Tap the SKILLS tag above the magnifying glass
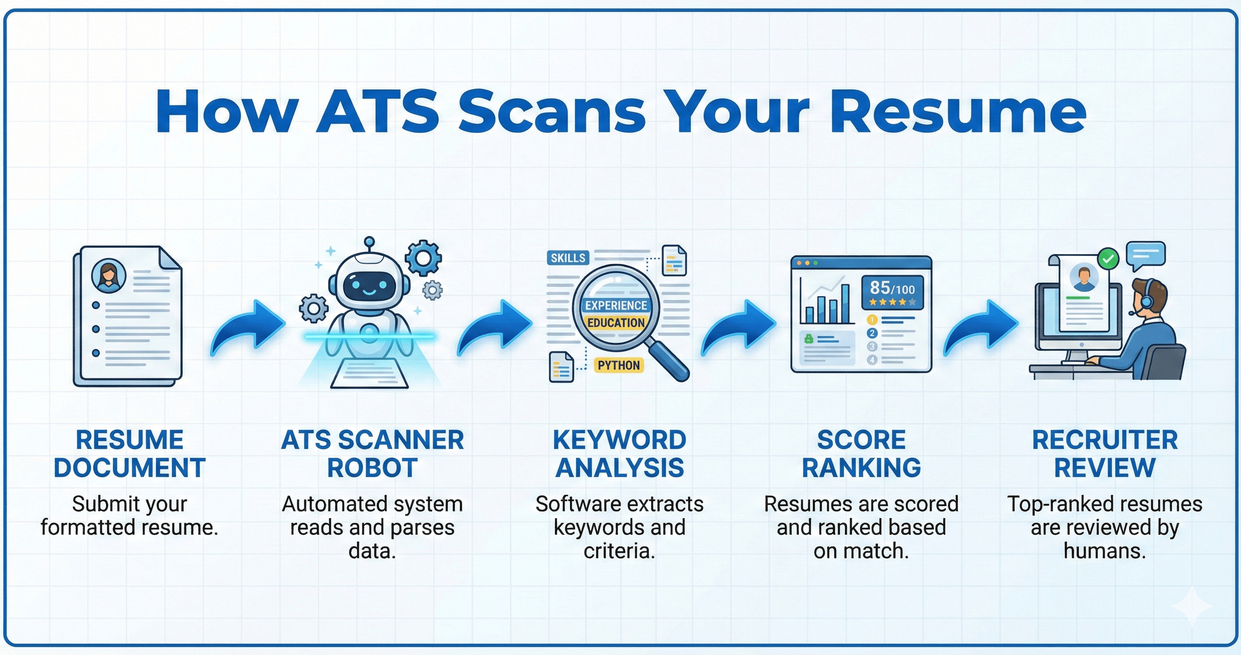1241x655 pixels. tap(568, 258)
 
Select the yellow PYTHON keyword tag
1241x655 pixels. tap(619, 365)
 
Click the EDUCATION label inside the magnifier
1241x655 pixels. tap(616, 323)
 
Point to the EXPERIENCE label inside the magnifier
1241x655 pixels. tap(616, 305)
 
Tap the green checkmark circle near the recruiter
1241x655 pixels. tap(1108, 259)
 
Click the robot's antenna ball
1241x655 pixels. tap(370, 241)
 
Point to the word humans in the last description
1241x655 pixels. tap(1105, 550)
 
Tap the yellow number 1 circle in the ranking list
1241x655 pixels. tap(872, 319)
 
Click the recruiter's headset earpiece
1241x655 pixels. tap(1146, 301)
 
